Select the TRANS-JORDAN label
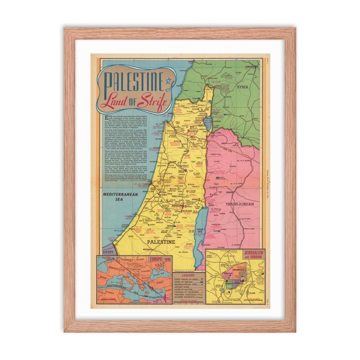240,204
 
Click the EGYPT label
108,252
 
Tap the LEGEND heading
188,275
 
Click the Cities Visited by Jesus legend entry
186,279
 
